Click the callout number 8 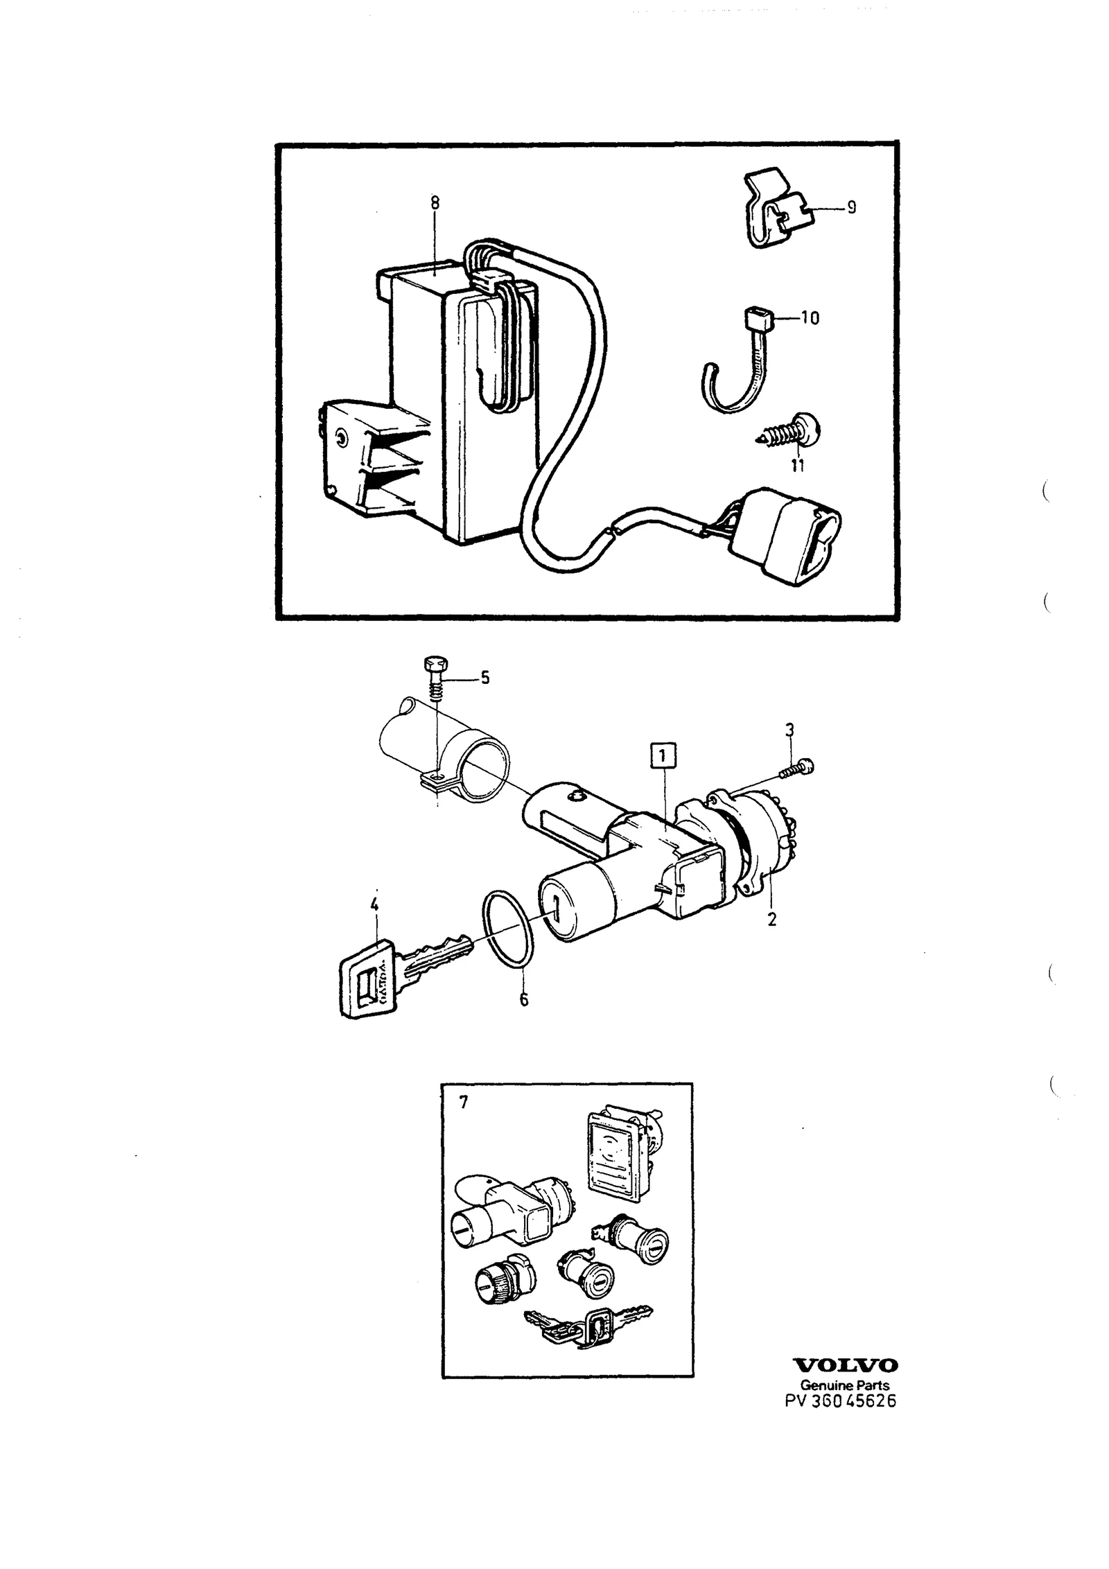pyautogui.click(x=435, y=203)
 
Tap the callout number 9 pyautogui.click(x=851, y=207)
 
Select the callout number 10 pyautogui.click(x=810, y=318)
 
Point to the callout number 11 pyautogui.click(x=798, y=466)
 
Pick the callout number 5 pyautogui.click(x=484, y=677)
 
